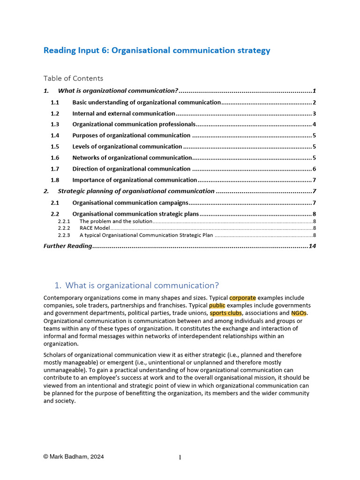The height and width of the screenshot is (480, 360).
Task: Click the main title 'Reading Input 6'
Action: [x=157, y=51]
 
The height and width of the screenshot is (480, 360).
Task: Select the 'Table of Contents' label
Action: [x=73, y=78]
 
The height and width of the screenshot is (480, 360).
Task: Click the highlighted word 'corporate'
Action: [x=242, y=298]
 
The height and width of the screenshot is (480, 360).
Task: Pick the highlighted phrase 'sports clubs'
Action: [x=225, y=313]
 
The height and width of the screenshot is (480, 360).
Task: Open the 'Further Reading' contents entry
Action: [x=67, y=246]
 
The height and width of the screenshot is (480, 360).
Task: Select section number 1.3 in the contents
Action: [x=55, y=125]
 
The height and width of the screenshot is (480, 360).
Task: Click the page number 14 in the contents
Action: [x=312, y=246]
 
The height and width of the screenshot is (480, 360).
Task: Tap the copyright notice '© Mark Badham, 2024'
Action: [x=74, y=457]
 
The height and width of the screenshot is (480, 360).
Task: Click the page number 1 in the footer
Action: [x=180, y=457]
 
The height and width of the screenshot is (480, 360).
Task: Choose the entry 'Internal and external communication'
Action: [x=124, y=113]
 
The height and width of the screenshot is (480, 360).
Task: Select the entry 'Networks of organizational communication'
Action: [x=132, y=158]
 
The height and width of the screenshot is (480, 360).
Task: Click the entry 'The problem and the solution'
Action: [x=116, y=221]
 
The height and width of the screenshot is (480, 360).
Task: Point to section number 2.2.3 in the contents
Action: [x=64, y=235]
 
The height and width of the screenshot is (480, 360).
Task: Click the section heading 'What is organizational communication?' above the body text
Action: [x=142, y=285]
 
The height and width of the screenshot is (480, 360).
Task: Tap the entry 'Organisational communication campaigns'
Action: [x=130, y=203]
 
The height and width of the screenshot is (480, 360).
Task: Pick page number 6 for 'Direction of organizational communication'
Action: [x=314, y=169]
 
